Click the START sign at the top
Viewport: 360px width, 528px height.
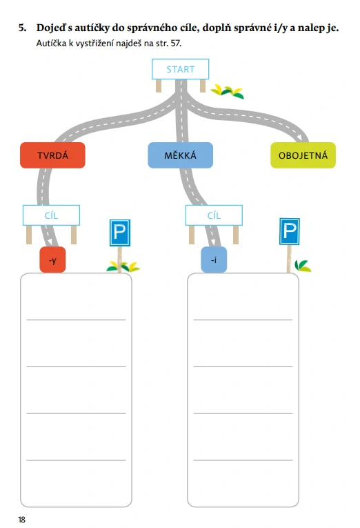[x=180, y=70]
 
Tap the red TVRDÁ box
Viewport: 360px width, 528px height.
[x=53, y=155]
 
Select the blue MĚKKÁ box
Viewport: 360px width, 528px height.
[x=180, y=155]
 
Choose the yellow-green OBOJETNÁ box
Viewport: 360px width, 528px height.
[x=303, y=155]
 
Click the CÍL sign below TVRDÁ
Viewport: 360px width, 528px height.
[x=51, y=215]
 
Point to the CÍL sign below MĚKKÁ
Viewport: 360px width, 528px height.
[x=214, y=215]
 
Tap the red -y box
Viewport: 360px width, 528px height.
[x=52, y=260]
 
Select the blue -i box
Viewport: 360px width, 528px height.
[x=214, y=260]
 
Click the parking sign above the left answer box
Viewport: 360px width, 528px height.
[x=120, y=233]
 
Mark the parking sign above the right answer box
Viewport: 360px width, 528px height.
[x=290, y=231]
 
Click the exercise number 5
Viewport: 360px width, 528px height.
[x=22, y=28]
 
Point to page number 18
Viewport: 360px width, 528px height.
[x=22, y=520]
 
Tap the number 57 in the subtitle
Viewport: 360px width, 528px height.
[x=175, y=43]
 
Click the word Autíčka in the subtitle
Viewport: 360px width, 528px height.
[x=51, y=43]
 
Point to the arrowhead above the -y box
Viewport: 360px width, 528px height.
[x=51, y=242]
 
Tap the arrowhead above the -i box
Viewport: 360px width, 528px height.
[x=212, y=242]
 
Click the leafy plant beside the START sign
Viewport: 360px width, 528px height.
[x=228, y=92]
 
